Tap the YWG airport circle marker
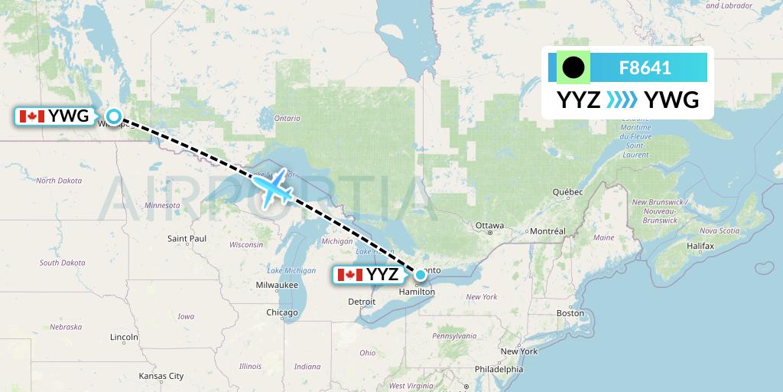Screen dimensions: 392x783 click(x=114, y=116)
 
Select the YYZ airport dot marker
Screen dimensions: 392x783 click(x=420, y=274)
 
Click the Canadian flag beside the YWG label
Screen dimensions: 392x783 click(x=31, y=116)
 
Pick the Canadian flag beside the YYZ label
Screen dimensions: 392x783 click(x=349, y=275)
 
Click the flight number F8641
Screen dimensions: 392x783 click(x=645, y=68)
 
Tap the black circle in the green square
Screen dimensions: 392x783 click(x=573, y=68)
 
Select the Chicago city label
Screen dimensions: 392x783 click(x=282, y=312)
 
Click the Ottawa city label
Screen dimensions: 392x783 click(x=489, y=226)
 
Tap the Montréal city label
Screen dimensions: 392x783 click(x=547, y=231)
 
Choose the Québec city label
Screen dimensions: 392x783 click(x=567, y=191)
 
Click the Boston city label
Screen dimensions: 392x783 click(x=570, y=312)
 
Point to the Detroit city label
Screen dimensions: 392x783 click(x=362, y=302)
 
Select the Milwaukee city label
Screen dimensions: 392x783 click(x=277, y=285)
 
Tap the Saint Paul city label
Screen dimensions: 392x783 click(x=187, y=239)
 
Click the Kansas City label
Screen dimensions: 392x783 click(x=161, y=376)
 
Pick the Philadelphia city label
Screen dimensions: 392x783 click(x=498, y=368)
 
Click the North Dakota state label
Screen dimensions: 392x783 click(x=59, y=181)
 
